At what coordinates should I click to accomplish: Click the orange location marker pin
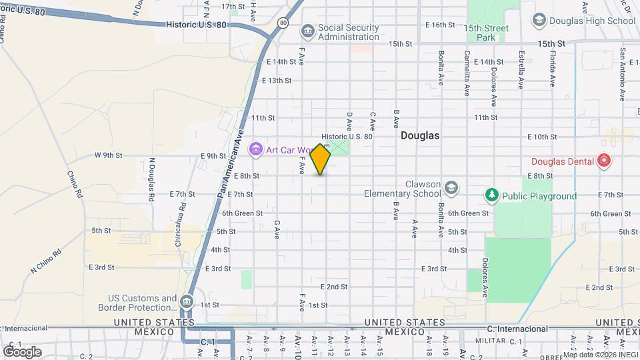click(x=321, y=159)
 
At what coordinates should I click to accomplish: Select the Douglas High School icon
click(x=539, y=21)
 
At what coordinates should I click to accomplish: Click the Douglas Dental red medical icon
click(x=603, y=161)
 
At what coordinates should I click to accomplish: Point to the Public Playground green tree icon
click(x=492, y=195)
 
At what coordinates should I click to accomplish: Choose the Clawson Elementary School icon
click(x=451, y=187)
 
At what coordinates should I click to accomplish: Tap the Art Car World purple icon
click(x=255, y=149)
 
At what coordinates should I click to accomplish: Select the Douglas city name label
click(x=420, y=135)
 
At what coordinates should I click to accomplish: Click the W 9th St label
click(x=108, y=155)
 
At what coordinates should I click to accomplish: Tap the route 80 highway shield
click(x=283, y=23)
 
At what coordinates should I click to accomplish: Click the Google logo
click(x=21, y=351)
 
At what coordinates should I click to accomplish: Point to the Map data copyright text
click(x=599, y=355)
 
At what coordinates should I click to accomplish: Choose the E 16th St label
click(x=440, y=25)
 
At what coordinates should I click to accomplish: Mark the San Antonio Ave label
click(x=623, y=65)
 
